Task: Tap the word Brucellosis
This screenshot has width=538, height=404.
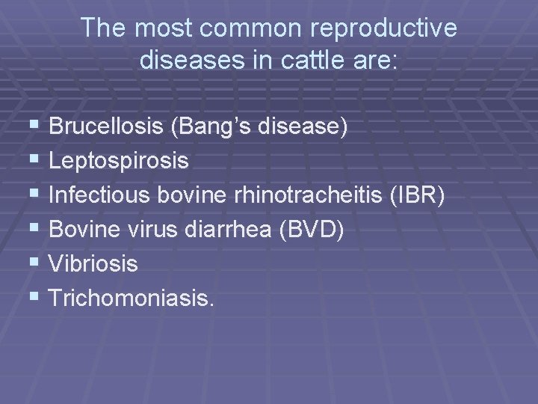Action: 105,127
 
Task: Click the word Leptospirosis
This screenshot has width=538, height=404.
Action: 119,161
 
